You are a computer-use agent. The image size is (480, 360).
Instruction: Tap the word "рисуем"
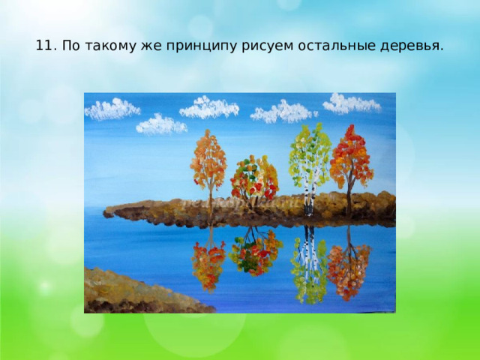(x=262, y=46)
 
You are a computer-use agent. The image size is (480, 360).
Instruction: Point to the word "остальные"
(x=324, y=46)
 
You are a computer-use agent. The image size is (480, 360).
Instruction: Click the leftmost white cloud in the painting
(x=112, y=110)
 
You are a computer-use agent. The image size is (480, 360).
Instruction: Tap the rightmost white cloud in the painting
(x=351, y=103)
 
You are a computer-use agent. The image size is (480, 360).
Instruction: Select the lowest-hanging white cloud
(x=160, y=124)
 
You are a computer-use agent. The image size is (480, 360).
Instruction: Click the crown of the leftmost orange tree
(x=209, y=159)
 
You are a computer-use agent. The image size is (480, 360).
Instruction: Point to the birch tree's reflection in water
(x=308, y=266)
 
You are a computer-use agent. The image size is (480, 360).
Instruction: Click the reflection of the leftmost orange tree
(x=208, y=262)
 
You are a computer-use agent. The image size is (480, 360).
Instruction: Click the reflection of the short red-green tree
(x=255, y=251)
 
